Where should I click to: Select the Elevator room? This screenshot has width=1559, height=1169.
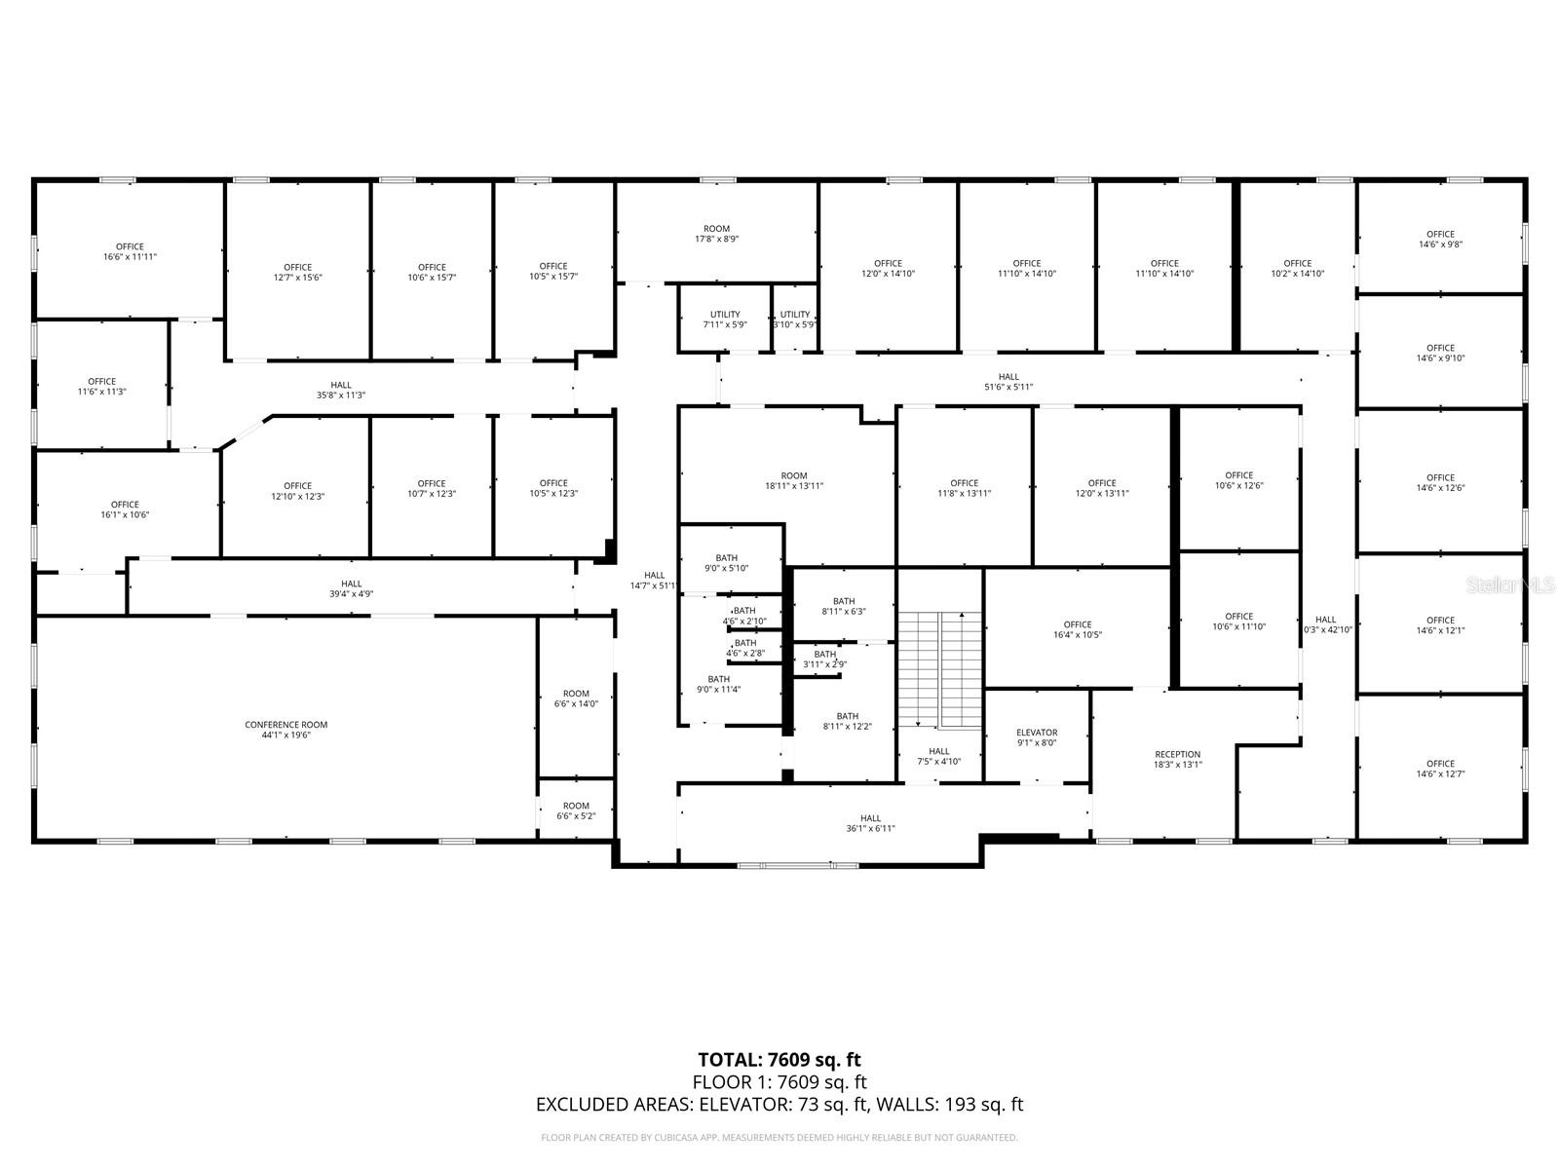point(1036,737)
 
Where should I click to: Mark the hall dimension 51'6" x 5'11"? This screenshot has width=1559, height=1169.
point(1008,382)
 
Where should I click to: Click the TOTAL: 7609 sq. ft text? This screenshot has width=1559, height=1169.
point(779,1060)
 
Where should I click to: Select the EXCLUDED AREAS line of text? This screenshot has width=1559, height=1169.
point(779,1105)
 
